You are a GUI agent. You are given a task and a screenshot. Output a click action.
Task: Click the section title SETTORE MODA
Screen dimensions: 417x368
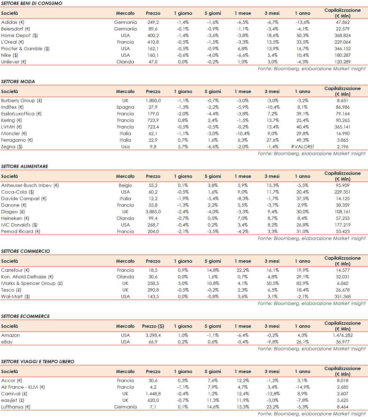(x=18, y=82)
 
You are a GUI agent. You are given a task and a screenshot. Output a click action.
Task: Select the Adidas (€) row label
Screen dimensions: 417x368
(x=13, y=22)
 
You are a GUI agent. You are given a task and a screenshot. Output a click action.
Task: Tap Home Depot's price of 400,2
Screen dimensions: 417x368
(x=153, y=35)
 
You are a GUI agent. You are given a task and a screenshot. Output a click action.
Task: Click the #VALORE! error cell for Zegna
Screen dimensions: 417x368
(x=302, y=147)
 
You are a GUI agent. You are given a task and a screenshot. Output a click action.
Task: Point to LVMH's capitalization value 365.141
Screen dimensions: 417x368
(x=342, y=127)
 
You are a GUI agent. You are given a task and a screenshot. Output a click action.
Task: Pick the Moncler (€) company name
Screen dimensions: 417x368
(x=14, y=133)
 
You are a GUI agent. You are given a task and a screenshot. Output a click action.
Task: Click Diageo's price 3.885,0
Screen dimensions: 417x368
(x=153, y=212)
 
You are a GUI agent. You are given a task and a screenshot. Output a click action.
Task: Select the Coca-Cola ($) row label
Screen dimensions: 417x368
(x=18, y=192)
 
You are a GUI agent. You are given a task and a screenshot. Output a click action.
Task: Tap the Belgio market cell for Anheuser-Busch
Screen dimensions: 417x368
(x=125, y=185)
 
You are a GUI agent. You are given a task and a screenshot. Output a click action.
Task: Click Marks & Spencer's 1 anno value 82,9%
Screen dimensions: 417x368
(x=302, y=283)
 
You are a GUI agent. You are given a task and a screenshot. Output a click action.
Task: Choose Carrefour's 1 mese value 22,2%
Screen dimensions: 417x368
(x=243, y=270)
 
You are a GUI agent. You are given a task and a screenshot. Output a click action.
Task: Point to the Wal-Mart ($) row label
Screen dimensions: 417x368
(x=15, y=296)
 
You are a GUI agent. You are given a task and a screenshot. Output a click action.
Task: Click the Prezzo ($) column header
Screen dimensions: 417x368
(x=153, y=326)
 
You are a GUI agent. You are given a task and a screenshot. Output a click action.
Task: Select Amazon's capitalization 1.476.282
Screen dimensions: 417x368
(x=342, y=335)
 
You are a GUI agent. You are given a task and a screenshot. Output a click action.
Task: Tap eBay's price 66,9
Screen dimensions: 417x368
(x=153, y=342)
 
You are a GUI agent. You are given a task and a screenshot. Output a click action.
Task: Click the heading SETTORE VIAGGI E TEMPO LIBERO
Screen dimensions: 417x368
(x=38, y=362)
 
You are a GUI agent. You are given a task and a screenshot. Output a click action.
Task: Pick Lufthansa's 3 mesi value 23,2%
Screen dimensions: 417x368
(x=273, y=407)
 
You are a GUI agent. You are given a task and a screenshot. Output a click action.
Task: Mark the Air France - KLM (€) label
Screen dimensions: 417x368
(x=23, y=387)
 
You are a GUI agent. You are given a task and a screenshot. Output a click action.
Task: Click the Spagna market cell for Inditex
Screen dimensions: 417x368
(x=125, y=107)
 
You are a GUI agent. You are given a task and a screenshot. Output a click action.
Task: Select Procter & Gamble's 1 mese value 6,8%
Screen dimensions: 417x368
(x=243, y=49)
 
